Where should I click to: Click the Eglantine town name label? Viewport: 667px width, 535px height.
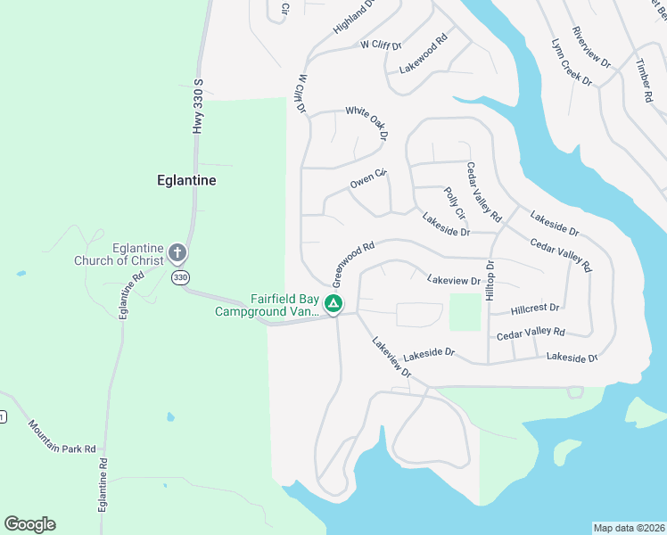pyautogui.click(x=185, y=180)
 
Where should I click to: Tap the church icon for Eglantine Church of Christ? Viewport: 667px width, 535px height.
pyautogui.click(x=177, y=253)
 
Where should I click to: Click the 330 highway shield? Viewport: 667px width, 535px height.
pyautogui.click(x=181, y=278)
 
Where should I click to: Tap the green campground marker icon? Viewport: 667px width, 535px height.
pyautogui.click(x=333, y=305)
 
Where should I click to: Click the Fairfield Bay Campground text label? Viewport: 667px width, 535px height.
pyautogui.click(x=267, y=306)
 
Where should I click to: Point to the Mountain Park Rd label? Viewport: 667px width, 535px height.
pyautogui.click(x=62, y=436)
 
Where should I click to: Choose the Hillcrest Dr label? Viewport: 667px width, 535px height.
pyautogui.click(x=535, y=309)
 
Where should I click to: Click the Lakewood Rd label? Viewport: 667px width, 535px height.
pyautogui.click(x=423, y=54)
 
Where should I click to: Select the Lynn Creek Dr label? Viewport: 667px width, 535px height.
pyautogui.click(x=572, y=62)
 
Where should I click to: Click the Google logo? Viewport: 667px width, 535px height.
pyautogui.click(x=29, y=524)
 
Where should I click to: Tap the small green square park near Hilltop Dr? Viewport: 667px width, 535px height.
pyautogui.click(x=464, y=312)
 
